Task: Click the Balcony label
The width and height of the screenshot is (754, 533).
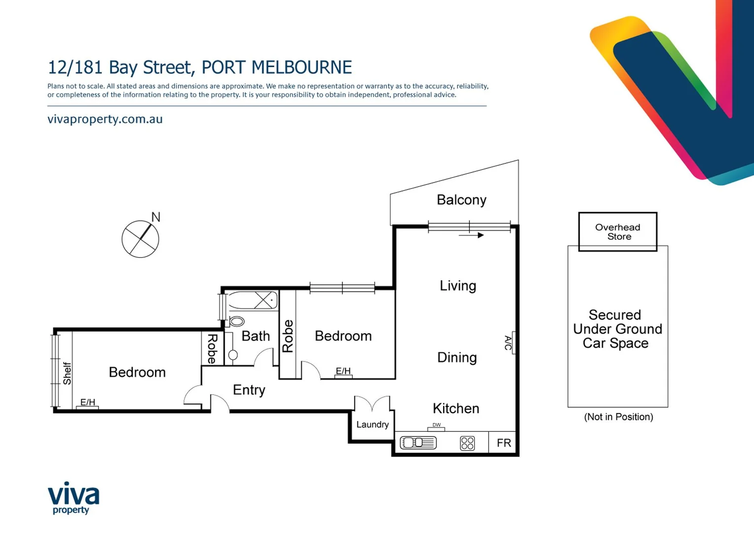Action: [461, 200]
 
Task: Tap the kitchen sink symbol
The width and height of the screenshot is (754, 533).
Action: [418, 443]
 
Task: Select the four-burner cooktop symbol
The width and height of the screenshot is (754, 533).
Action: [467, 443]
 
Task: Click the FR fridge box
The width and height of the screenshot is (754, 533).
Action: [503, 443]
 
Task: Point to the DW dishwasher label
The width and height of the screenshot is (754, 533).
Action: [436, 425]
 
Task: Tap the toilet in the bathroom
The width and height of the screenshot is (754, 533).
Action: [236, 322]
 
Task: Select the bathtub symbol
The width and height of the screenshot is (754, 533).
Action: [253, 300]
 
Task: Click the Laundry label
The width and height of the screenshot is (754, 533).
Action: [372, 424]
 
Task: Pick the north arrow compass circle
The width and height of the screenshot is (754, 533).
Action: [140, 239]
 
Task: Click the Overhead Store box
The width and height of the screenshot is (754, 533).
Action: [617, 232]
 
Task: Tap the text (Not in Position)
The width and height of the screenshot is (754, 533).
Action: [618, 417]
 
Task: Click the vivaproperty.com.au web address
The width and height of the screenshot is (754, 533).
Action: [105, 119]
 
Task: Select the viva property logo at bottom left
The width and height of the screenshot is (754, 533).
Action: [73, 498]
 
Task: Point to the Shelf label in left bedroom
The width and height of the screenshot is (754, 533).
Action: [67, 374]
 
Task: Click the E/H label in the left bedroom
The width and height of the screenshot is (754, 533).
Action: [87, 402]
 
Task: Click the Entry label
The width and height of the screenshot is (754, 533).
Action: [249, 390]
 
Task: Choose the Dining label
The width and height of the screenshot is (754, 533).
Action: [457, 357]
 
